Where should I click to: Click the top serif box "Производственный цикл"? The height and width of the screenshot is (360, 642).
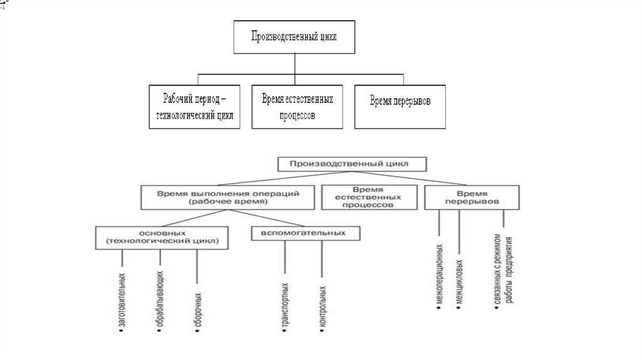coord(295,37)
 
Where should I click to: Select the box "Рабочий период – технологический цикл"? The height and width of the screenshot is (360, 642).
coord(195,107)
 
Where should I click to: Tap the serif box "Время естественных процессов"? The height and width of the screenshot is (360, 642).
coord(297,107)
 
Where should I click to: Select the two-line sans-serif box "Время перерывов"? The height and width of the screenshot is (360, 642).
coord(472,198)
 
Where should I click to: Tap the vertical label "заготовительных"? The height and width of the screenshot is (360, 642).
coord(122,301)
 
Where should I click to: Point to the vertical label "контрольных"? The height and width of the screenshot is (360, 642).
coord(322,307)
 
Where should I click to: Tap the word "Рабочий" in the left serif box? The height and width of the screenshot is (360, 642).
coord(172,99)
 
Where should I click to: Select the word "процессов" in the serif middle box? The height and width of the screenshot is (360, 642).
coord(297,116)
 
